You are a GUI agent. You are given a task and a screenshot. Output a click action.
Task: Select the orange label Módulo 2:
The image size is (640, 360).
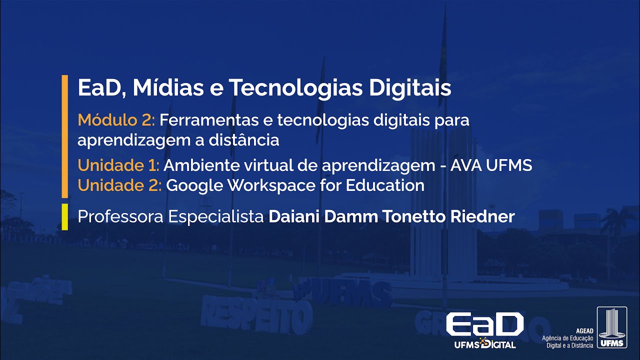117,120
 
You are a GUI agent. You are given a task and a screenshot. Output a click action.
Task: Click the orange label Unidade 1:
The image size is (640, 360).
118,165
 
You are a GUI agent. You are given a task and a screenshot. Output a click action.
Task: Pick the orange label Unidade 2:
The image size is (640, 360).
119,185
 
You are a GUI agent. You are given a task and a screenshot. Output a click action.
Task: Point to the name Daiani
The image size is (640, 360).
294,217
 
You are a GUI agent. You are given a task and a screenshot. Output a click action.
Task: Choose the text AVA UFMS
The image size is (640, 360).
491,165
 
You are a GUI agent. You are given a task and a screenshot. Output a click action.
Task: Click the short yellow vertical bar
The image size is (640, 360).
64,217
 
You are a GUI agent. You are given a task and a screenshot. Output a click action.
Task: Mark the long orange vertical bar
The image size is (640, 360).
64,136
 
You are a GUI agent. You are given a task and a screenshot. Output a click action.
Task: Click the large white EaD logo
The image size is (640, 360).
484,325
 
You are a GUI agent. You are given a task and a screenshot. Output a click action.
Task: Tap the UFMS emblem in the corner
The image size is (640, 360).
611,328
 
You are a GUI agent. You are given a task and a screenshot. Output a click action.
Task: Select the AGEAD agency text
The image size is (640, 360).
568,338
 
